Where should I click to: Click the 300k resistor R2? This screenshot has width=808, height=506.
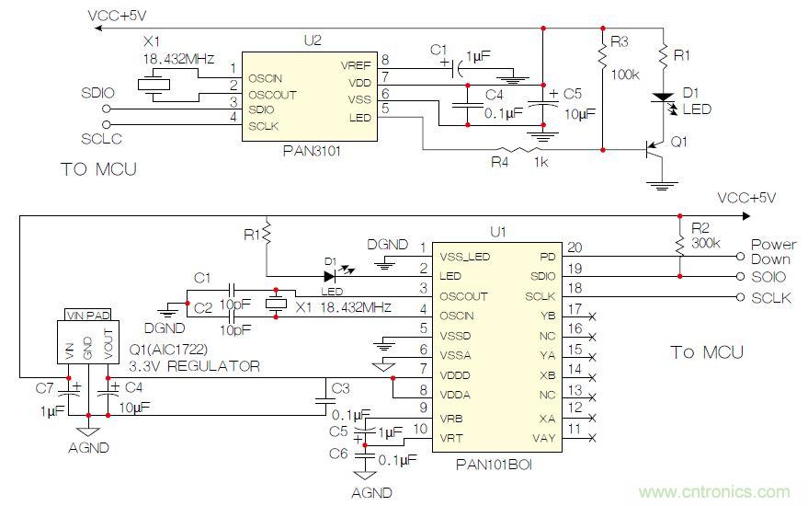680,244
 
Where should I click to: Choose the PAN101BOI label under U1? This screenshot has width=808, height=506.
494,465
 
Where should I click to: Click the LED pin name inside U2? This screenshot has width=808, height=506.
360,117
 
